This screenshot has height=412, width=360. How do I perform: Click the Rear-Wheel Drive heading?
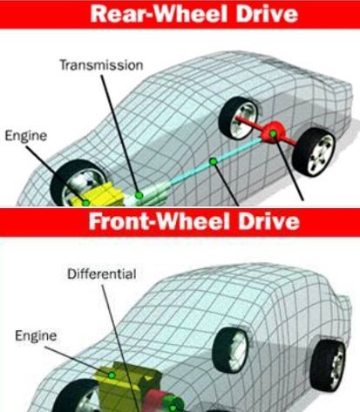[x=194, y=14]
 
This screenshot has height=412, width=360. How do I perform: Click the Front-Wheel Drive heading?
[x=194, y=221]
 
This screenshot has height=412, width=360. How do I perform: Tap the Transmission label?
[x=101, y=65]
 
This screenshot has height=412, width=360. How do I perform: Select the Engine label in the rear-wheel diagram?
[x=26, y=136]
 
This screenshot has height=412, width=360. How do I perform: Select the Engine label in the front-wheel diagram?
[x=36, y=336]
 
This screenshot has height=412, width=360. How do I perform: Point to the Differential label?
[x=102, y=274]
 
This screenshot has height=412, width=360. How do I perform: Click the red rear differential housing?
[x=271, y=132]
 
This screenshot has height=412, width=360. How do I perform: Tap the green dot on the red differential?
[x=273, y=133]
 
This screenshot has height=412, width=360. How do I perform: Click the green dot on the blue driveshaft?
[x=214, y=161]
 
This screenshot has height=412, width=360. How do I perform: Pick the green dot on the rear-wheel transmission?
[x=139, y=195]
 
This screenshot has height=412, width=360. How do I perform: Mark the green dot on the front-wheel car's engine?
[x=112, y=375]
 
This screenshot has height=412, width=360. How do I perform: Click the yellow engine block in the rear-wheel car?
[x=98, y=194]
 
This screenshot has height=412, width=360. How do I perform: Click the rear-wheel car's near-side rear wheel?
[x=314, y=152]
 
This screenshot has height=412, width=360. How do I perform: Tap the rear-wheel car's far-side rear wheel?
[x=238, y=118]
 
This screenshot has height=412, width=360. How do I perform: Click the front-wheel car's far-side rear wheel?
[x=230, y=349]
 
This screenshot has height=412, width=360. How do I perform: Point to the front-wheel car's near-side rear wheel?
[x=327, y=366]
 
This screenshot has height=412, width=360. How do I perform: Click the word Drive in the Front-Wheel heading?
[x=268, y=221]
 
